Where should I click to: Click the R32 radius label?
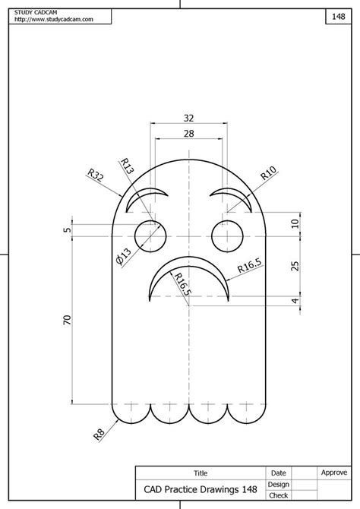[96, 175]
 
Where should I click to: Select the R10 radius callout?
[268, 172]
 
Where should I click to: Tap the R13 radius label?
[128, 166]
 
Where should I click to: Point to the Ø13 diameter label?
[123, 257]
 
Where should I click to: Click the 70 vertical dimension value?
[67, 320]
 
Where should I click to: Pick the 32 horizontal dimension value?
[188, 119]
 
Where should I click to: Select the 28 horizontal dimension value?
[188, 134]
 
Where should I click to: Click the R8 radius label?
[99, 434]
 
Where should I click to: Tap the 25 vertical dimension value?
[295, 266]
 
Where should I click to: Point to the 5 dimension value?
[67, 230]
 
